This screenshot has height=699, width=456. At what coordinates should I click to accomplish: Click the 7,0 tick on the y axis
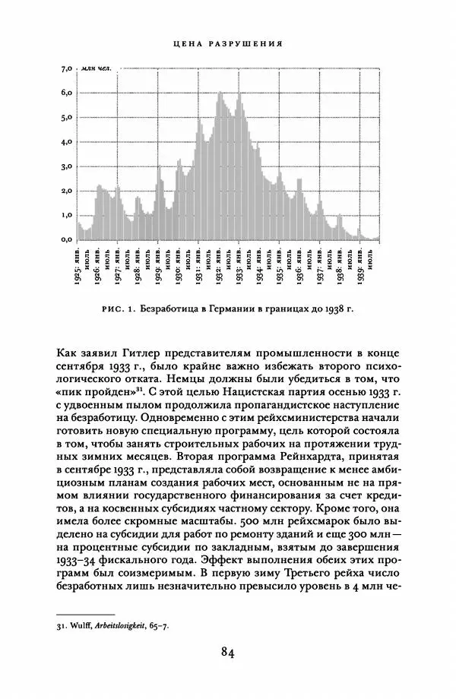pyautogui.click(x=65, y=68)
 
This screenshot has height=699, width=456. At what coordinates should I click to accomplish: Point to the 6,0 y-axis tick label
pyautogui.click(x=65, y=93)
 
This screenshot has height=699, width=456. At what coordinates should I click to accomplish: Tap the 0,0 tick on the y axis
pyautogui.click(x=65, y=239)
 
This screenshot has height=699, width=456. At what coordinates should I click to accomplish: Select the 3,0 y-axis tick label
pyautogui.click(x=65, y=166)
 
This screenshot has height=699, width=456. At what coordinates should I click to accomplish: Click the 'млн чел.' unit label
pyautogui.click(x=97, y=68)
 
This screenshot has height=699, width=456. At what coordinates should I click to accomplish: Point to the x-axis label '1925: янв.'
pyautogui.click(x=78, y=263)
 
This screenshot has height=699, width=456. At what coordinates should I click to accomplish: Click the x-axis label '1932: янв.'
pyautogui.click(x=219, y=263)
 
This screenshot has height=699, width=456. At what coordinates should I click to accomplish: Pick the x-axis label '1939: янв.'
pyautogui.click(x=359, y=263)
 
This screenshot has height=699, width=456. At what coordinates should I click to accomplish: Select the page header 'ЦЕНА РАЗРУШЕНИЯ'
pyautogui.click(x=227, y=43)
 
